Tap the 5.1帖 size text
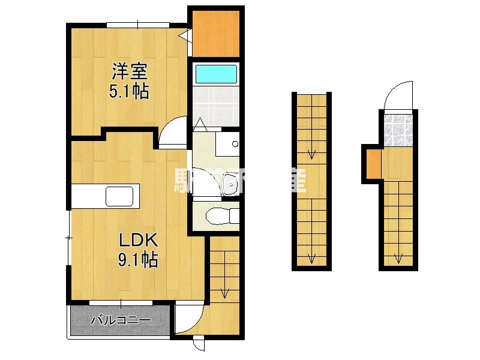point(128,92)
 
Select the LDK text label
point(137,241)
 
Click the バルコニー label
point(120,320)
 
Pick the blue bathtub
point(217,74)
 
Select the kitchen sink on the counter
point(120,196)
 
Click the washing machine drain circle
point(235,144)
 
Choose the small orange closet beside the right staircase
point(373,163)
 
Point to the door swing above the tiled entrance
point(397,98)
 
